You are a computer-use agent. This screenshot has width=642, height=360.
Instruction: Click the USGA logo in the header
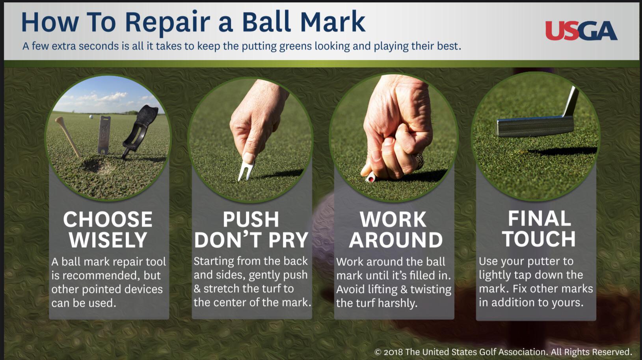click(581, 30)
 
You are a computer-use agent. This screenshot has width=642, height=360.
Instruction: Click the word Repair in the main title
click(167, 23)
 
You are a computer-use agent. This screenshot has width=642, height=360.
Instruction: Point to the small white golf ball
click(91, 117)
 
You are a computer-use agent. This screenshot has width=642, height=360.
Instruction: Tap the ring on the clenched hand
click(419, 160)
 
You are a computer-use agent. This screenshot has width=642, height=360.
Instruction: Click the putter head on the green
click(535, 126)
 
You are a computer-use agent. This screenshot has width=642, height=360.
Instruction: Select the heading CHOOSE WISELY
click(108, 229)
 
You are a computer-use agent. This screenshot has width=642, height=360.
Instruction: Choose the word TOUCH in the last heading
click(538, 239)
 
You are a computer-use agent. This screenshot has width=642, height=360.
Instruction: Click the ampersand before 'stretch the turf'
click(197, 289)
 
